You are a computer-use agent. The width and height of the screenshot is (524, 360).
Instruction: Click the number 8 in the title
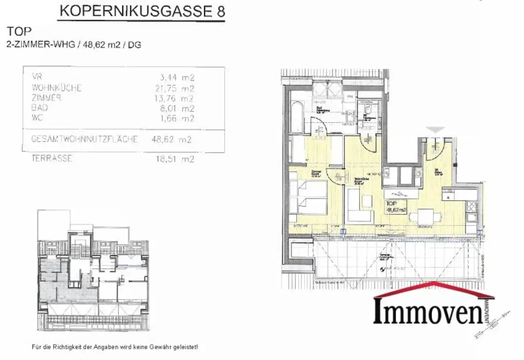click(x=221, y=11)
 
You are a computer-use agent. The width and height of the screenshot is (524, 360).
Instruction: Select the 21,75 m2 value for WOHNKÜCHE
click(x=175, y=88)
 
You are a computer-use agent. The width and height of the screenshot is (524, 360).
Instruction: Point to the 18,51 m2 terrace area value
click(x=175, y=159)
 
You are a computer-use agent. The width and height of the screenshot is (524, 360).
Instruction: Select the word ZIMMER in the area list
click(x=46, y=98)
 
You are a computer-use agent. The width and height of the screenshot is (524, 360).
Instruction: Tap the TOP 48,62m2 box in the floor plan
click(x=397, y=206)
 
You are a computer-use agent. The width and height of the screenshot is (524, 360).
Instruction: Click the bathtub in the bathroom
click(x=297, y=117)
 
